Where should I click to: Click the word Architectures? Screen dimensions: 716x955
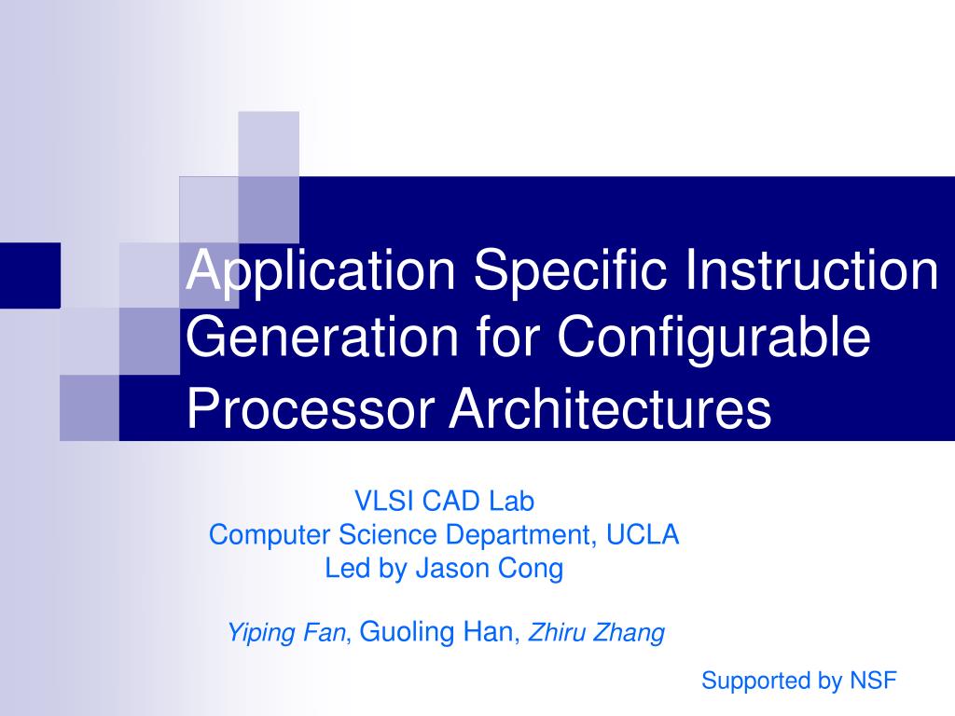pyautogui.click(x=611, y=408)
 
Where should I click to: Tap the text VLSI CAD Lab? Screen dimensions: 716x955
pyautogui.click(x=444, y=502)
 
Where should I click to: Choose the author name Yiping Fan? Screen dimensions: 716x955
pyautogui.click(x=286, y=634)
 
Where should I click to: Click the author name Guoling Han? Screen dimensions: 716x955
pyautogui.click(x=436, y=633)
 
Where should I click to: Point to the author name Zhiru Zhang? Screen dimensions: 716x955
pyautogui.click(x=597, y=634)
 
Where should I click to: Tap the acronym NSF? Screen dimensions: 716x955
pyautogui.click(x=872, y=681)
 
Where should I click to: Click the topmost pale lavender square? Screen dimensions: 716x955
pyautogui.click(x=269, y=144)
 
